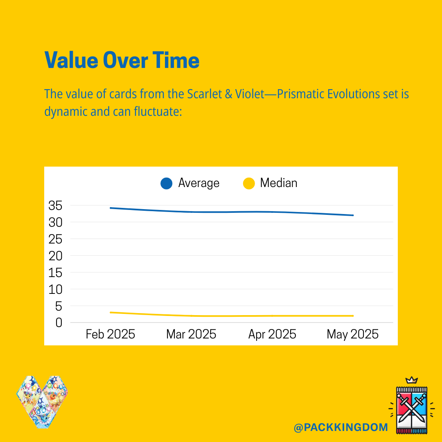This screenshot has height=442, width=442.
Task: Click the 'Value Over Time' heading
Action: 122,60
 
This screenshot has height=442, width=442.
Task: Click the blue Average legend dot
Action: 166,183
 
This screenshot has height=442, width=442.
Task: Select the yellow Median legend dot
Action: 249,183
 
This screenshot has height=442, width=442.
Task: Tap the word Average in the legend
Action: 199,183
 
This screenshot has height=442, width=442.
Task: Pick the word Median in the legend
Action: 279,183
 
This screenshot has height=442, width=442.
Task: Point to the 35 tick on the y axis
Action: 55,206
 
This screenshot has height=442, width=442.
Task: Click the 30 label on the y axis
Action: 55,223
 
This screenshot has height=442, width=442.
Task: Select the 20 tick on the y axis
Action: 55,256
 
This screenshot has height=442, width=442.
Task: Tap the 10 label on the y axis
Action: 55,289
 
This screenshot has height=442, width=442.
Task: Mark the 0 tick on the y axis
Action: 59,323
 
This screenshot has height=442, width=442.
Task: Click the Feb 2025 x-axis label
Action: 110,334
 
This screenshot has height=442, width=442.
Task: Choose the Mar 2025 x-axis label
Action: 191,334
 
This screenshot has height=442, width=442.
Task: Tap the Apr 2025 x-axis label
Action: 272,335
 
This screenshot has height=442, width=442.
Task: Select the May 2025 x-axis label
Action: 353,335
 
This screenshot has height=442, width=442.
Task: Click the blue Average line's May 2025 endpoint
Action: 353,215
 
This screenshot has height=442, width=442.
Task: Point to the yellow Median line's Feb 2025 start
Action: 110,312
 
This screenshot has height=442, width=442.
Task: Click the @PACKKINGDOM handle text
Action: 341,427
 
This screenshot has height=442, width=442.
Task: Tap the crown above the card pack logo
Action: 411,380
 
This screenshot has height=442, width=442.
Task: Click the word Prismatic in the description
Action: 300,94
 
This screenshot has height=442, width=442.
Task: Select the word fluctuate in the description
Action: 158,112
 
